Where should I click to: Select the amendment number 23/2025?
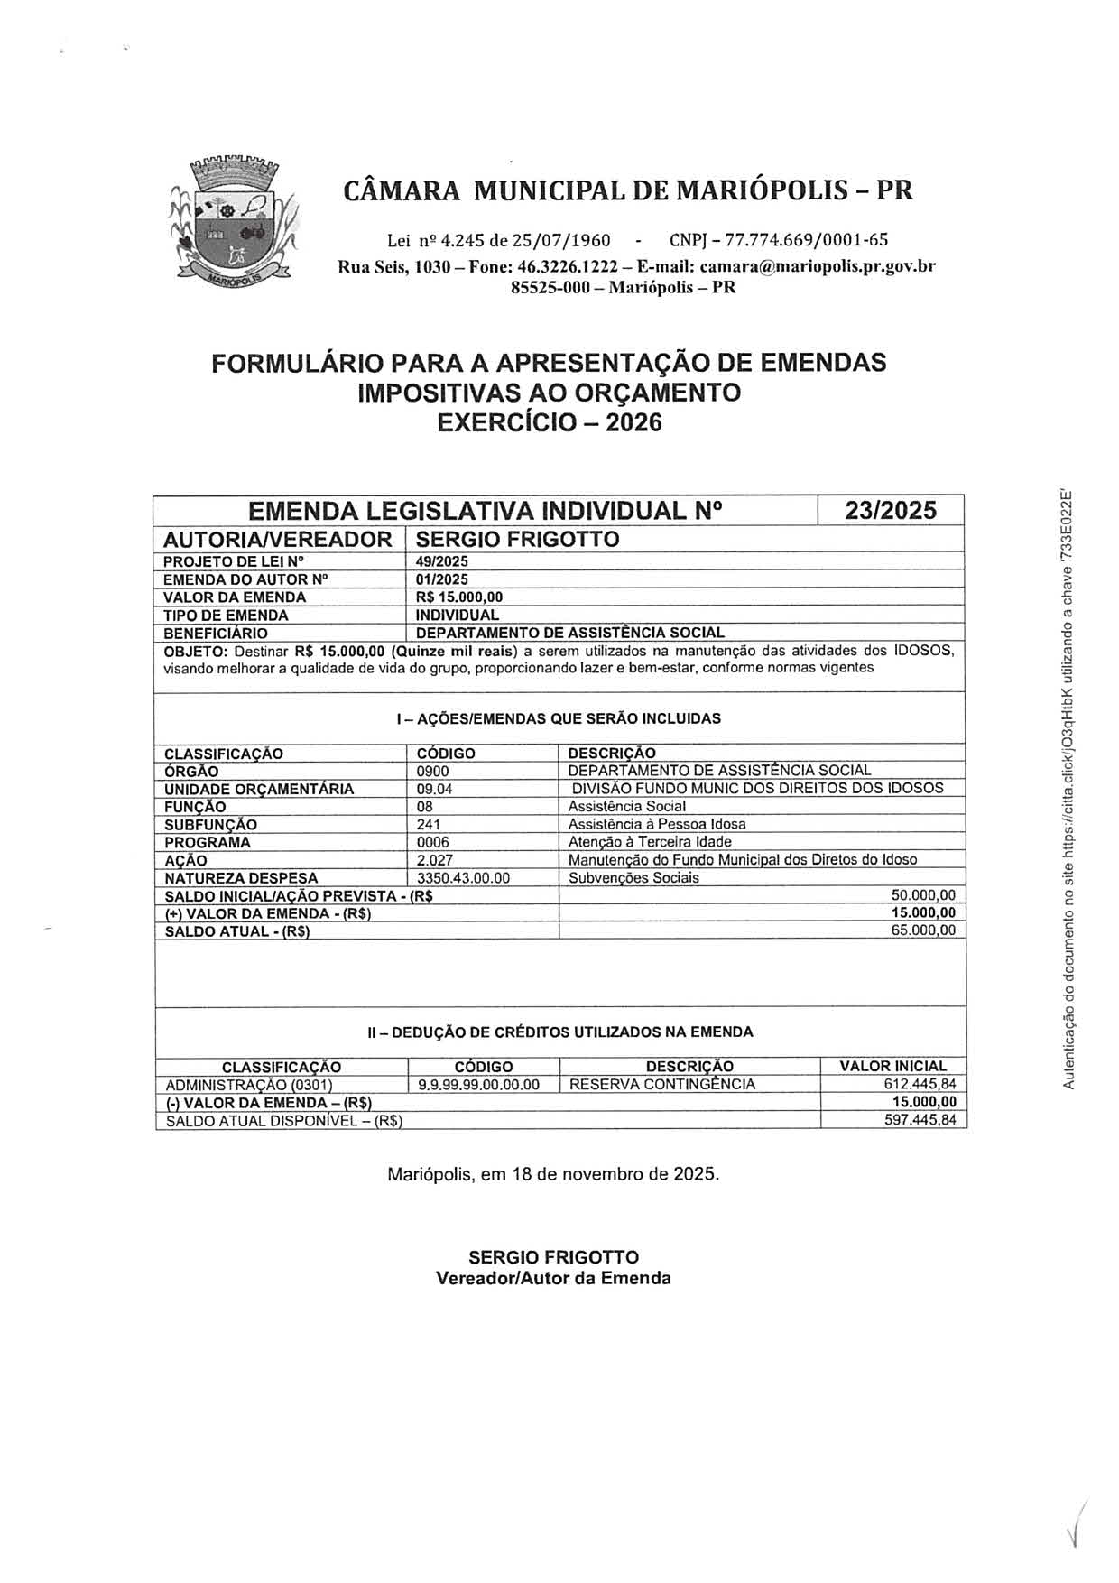(891, 510)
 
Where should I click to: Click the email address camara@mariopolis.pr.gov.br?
(817, 266)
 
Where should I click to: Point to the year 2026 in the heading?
(633, 422)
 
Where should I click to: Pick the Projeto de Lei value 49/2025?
(442, 561)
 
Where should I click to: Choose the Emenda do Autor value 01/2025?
(442, 579)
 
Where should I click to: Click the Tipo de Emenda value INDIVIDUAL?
(457, 615)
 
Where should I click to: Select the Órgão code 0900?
(432, 771)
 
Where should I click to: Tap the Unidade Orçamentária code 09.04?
(435, 789)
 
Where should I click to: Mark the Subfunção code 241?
(428, 824)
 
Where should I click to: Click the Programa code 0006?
(432, 842)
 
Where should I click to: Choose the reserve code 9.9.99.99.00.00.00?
(478, 1084)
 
